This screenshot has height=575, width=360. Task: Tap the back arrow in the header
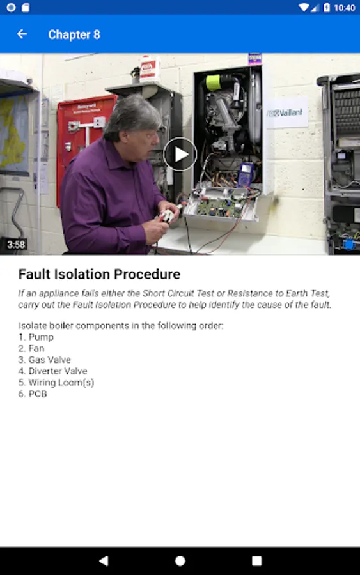click(22, 34)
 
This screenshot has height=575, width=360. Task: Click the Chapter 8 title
click(74, 34)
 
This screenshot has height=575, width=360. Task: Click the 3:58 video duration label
click(16, 245)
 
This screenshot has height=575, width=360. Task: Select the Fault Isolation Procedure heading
click(100, 274)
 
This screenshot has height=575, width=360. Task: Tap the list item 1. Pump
click(36, 337)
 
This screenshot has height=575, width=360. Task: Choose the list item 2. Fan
click(31, 348)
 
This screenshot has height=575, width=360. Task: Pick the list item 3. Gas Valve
click(44, 360)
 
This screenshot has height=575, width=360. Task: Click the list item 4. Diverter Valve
click(53, 371)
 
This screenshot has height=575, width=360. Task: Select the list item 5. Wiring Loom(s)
click(56, 383)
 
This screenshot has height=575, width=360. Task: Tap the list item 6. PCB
click(33, 394)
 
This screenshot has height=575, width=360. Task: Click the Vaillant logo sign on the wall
click(285, 113)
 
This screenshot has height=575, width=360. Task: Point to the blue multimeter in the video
click(246, 174)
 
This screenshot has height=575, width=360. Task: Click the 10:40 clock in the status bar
click(344, 8)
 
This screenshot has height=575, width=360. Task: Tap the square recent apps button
click(257, 561)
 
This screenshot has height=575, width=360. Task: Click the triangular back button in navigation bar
click(104, 561)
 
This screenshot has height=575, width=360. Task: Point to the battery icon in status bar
click(327, 7)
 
